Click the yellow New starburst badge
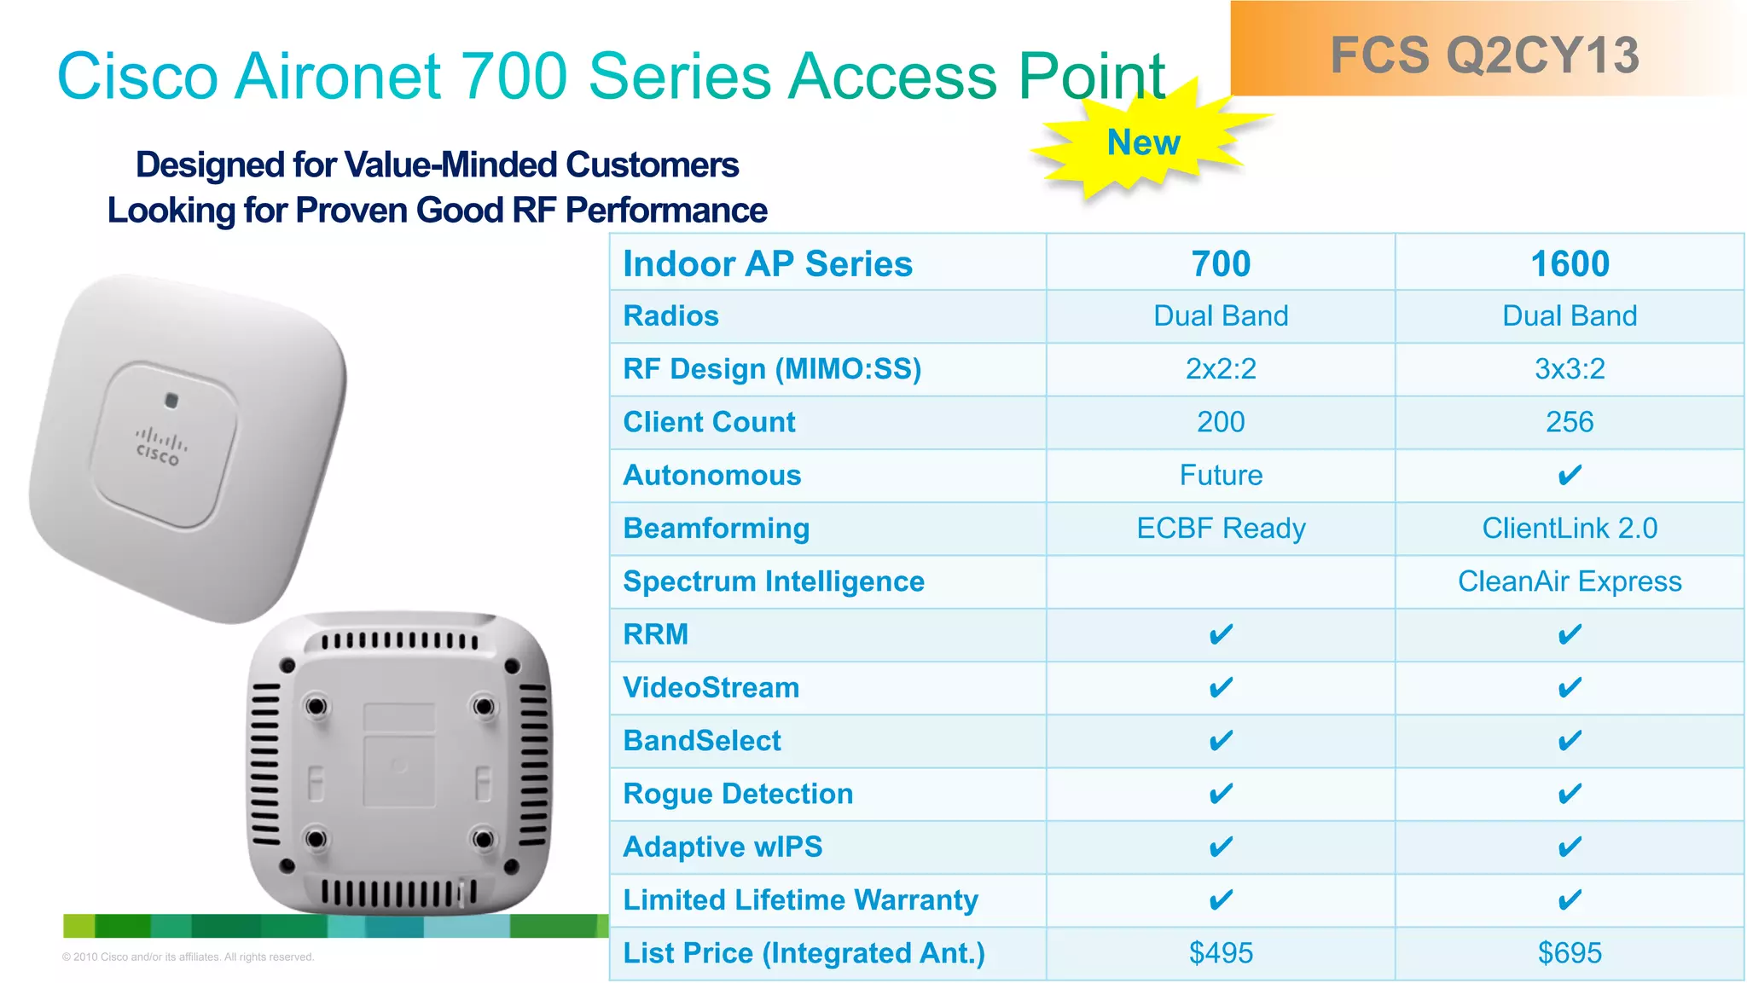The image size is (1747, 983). pyautogui.click(x=1143, y=143)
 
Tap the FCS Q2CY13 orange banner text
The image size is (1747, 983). pyautogui.click(x=1484, y=55)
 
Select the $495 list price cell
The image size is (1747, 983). pyautogui.click(x=1221, y=952)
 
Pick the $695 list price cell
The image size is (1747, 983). pyautogui.click(x=1570, y=952)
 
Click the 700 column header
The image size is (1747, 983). pyautogui.click(x=1221, y=263)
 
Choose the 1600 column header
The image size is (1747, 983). pyautogui.click(x=1570, y=263)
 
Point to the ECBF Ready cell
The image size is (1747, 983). pyautogui.click(x=1221, y=528)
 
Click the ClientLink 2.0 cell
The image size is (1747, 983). pyautogui.click(x=1570, y=528)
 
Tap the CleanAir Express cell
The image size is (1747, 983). pyautogui.click(x=1570, y=581)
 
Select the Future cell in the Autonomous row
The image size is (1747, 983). pyautogui.click(x=1221, y=475)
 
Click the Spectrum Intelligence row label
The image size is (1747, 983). pyautogui.click(x=774, y=581)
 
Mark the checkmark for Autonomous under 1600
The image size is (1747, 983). pyautogui.click(x=1570, y=475)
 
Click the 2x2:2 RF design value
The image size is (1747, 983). pyautogui.click(x=1221, y=368)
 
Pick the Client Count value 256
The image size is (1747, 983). pyautogui.click(x=1570, y=422)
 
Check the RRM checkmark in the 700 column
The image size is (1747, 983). pyautogui.click(x=1221, y=634)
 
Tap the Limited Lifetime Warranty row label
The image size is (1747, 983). pyautogui.click(x=800, y=899)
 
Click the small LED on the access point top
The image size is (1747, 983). pyautogui.click(x=171, y=400)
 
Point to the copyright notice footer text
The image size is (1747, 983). pyautogui.click(x=188, y=957)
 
